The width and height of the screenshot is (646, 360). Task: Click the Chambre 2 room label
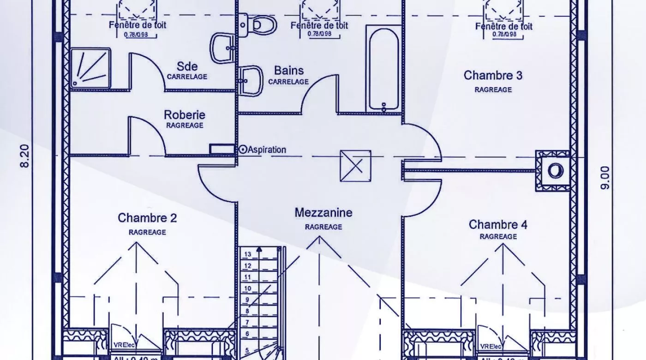[x=147, y=217]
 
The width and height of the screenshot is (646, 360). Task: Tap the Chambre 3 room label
[x=493, y=75]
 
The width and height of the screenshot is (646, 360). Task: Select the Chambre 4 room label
[x=498, y=225]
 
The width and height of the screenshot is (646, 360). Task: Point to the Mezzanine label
[x=323, y=213]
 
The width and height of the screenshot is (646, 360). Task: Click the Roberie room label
[x=185, y=115]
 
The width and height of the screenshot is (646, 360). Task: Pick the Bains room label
[x=289, y=71]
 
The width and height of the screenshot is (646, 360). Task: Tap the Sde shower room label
[x=187, y=66]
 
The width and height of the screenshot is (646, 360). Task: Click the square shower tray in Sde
[x=90, y=67]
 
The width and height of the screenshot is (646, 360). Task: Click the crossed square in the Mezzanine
[x=355, y=166]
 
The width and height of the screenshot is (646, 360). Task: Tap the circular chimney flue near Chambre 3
[x=556, y=171]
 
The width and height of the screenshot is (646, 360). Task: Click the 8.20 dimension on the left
[x=25, y=156]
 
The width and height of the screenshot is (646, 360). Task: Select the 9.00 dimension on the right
[x=605, y=178]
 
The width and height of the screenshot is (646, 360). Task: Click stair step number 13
[x=248, y=254]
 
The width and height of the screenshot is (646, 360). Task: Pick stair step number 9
[x=248, y=300]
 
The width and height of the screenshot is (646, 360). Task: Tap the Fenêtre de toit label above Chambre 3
[x=504, y=26]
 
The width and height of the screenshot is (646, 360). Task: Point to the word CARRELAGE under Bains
[x=288, y=82]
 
